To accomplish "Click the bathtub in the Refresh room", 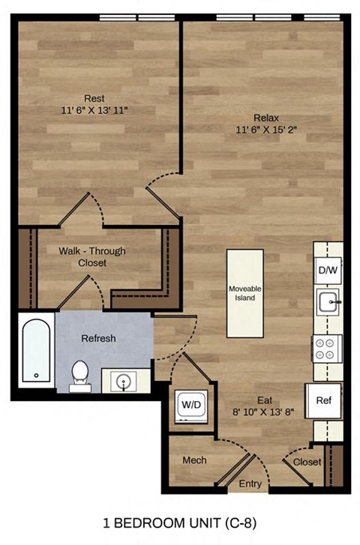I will tap(36, 351).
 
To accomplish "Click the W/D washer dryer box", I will tap(187, 406).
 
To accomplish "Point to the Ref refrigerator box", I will tap(323, 400).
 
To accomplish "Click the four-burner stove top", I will tap(327, 349).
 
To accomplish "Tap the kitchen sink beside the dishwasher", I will tap(328, 303).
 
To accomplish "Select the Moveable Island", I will tap(245, 292).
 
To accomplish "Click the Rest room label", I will tap(94, 98).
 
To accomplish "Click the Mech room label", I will tap(194, 460).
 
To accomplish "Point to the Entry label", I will tap(250, 484).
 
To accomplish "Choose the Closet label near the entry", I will tap(307, 463).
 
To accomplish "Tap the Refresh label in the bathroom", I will tap(99, 338).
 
